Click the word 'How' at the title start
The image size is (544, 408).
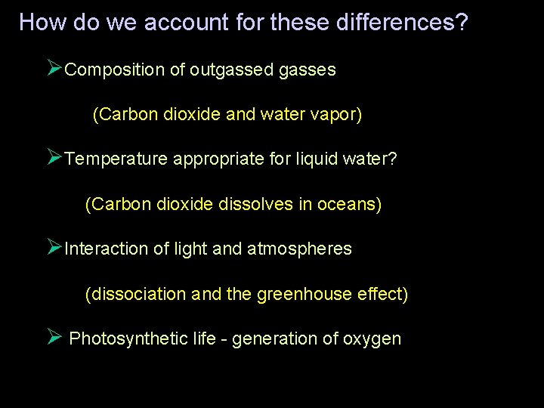pyautogui.click(x=44, y=22)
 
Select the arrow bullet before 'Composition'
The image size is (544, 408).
pyautogui.click(x=54, y=69)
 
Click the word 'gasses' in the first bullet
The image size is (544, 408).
pyautogui.click(x=307, y=70)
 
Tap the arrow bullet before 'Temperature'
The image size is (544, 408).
pyautogui.click(x=54, y=158)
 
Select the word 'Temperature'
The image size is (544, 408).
pyautogui.click(x=116, y=159)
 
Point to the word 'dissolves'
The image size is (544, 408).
pyautogui.click(x=254, y=204)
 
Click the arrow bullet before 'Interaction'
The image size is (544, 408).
pyautogui.click(x=54, y=247)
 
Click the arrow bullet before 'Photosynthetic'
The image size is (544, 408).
pyautogui.click(x=54, y=337)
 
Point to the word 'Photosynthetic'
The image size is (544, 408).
pyautogui.click(x=128, y=338)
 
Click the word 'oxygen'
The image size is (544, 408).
pyautogui.click(x=372, y=338)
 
